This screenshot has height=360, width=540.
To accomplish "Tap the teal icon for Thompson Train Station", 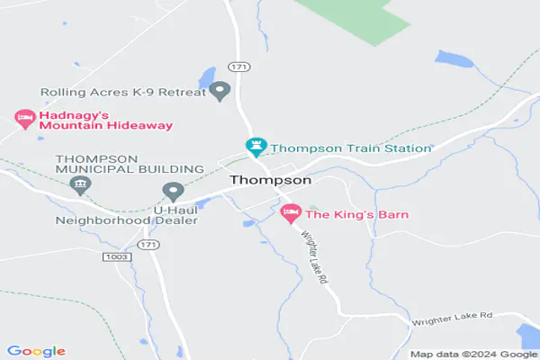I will tap(256, 146).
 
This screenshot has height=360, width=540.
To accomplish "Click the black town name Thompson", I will tap(270, 180).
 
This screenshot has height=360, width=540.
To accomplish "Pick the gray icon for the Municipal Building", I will tap(80, 185).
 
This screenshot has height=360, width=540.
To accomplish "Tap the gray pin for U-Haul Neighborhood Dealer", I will tap(173, 191).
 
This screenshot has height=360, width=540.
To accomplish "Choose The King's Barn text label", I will tap(357, 214).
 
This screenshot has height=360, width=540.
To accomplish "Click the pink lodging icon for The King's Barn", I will tap(290, 214).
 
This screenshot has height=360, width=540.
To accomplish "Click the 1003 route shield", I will tap(117, 256).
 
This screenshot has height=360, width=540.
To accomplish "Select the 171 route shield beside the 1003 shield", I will tap(149, 245).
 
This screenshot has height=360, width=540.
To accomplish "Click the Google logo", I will tap(36, 351).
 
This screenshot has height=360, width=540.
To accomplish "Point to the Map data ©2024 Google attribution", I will tap(472, 354).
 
